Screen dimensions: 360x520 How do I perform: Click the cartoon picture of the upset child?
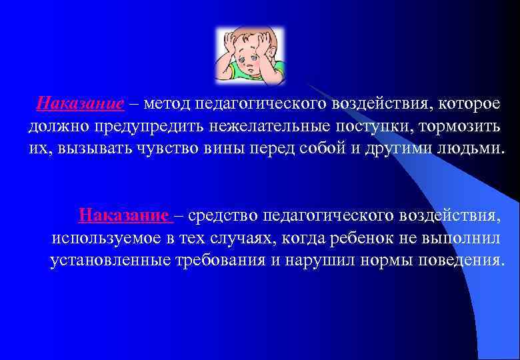coord(250,55)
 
